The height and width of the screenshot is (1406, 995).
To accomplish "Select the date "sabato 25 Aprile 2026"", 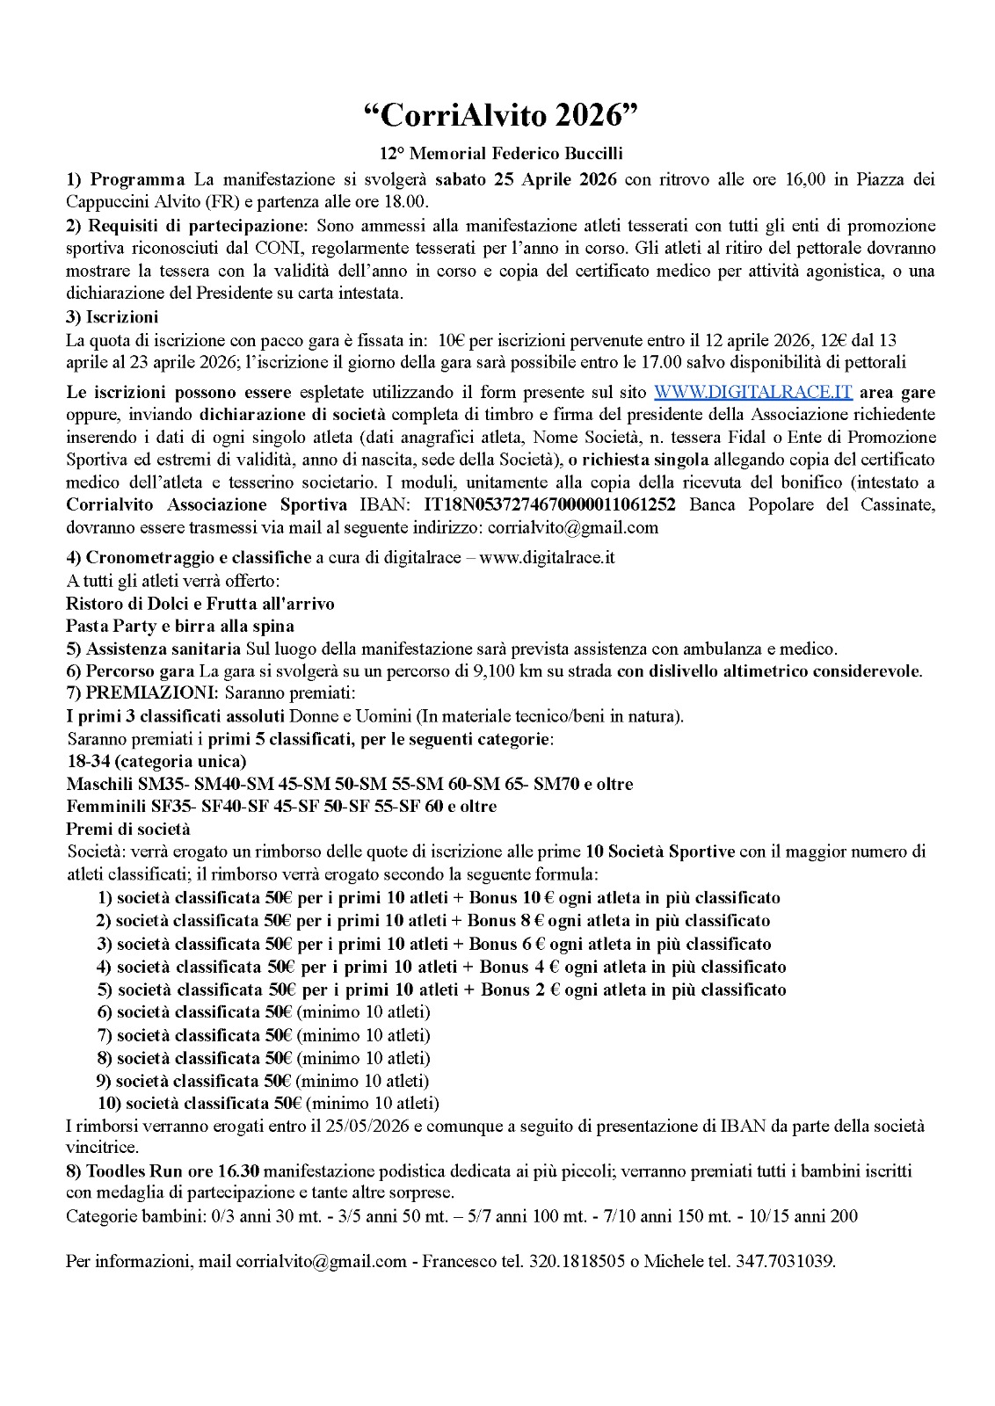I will pos(527,180).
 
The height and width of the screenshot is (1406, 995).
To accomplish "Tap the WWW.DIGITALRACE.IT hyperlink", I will pos(752,392).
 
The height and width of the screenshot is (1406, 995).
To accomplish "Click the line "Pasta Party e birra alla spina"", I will pos(180,627).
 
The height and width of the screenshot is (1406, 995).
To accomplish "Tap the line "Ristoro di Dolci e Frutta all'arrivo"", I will pos(200,604).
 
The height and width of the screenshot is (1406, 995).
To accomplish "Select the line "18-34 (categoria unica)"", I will pos(156,761).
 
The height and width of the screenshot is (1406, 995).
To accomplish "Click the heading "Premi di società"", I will pos(127,829).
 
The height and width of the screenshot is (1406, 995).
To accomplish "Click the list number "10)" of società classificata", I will pos(109,1103).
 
